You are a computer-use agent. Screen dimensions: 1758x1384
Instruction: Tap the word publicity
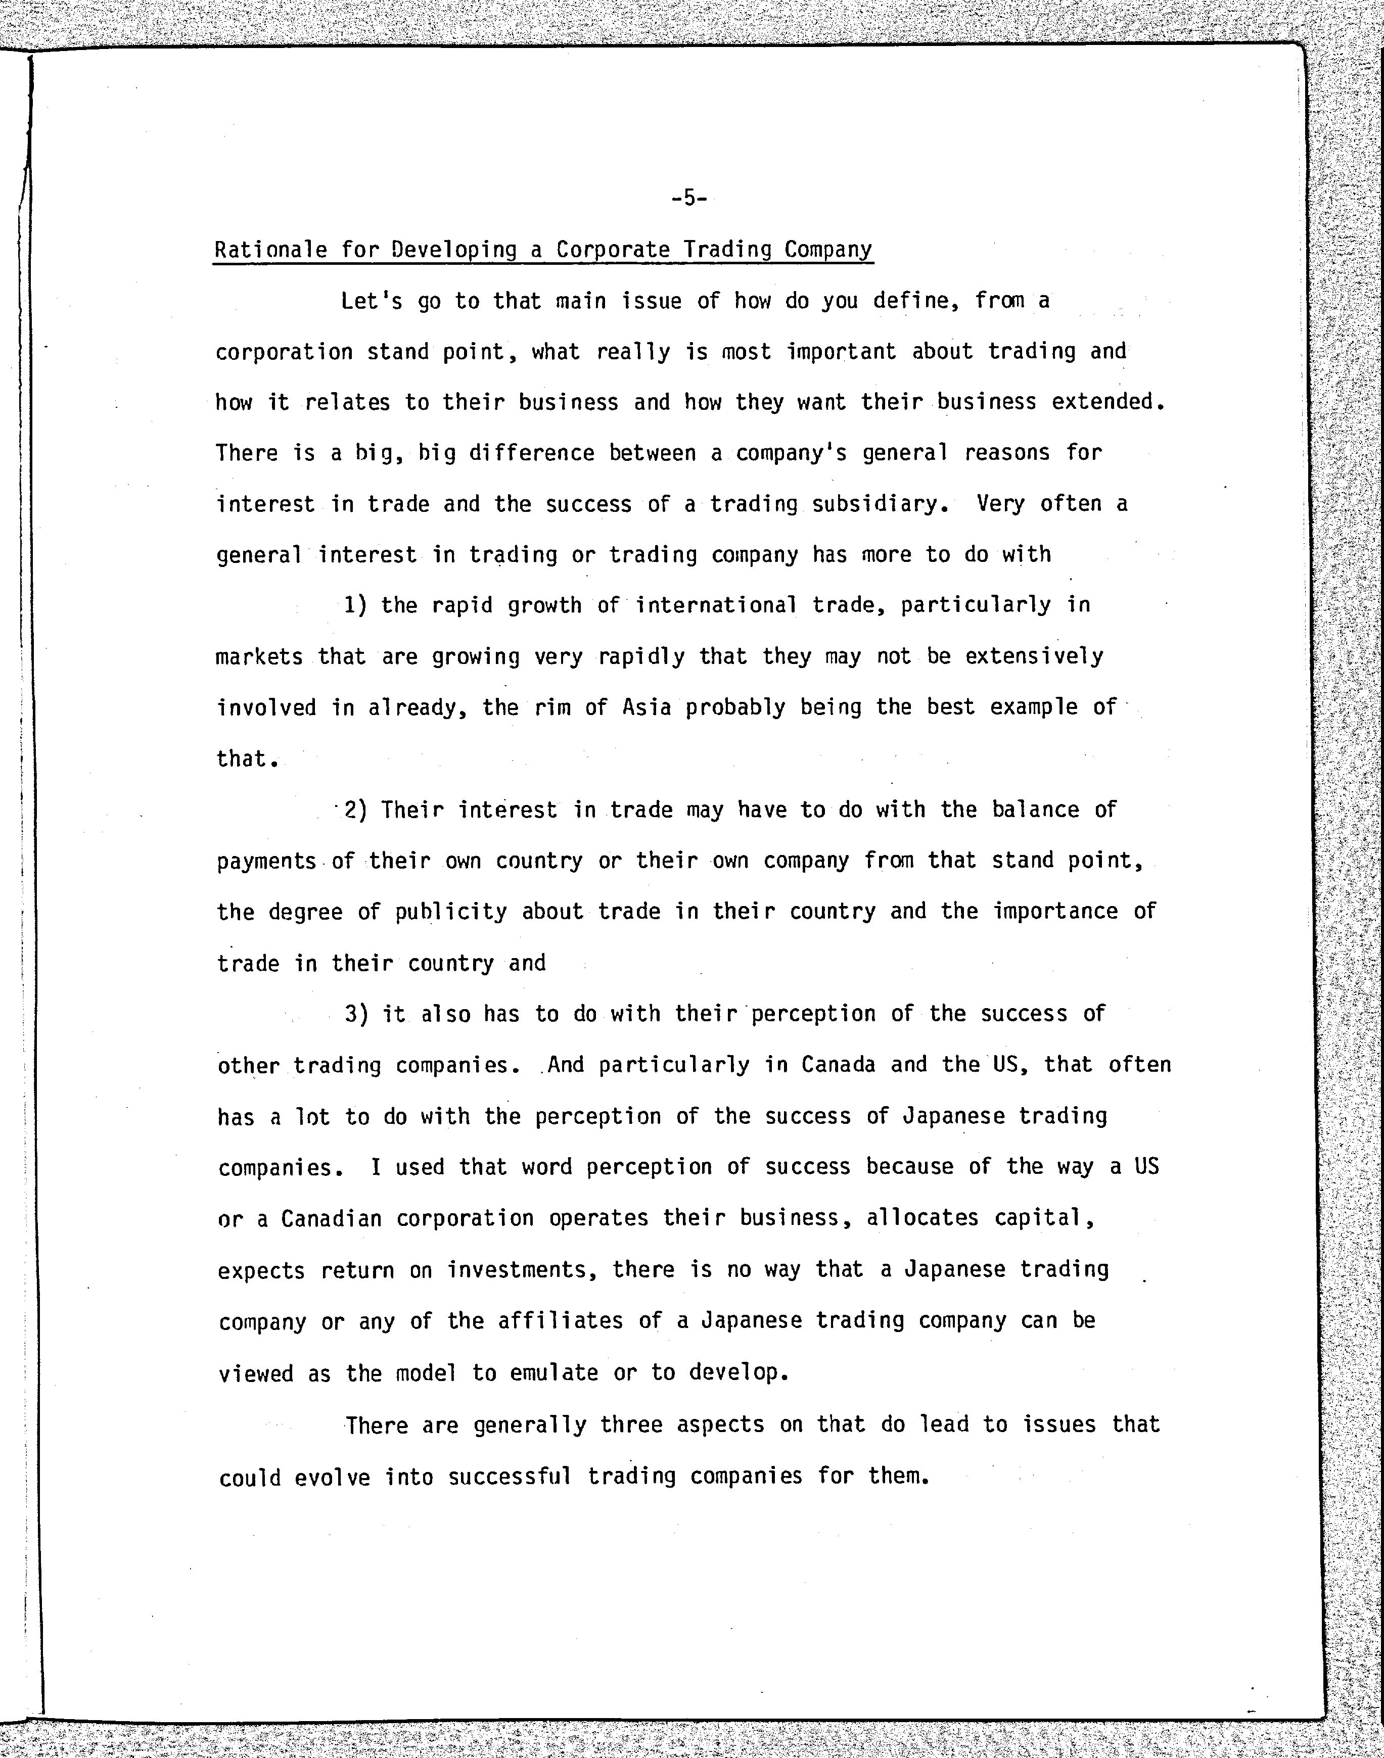[x=450, y=912]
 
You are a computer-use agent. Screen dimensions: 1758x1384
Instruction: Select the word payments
[x=266, y=861]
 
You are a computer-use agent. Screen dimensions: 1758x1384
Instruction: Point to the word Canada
[x=839, y=1065]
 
